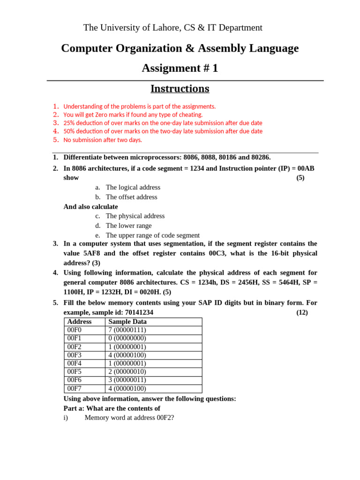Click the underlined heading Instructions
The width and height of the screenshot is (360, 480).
click(180, 89)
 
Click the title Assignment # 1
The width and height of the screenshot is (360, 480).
click(180, 68)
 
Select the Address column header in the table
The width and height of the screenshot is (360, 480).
click(79, 322)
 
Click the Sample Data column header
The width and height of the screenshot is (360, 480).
click(127, 322)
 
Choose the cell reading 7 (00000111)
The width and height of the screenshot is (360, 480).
click(127, 330)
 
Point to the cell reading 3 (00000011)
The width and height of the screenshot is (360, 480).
click(127, 380)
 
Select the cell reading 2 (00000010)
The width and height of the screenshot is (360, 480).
click(127, 372)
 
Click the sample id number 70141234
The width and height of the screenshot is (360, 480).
click(139, 312)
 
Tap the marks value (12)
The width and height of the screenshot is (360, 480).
click(302, 312)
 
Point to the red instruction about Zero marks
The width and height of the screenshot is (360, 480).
click(133, 114)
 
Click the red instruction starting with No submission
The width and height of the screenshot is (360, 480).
click(103, 140)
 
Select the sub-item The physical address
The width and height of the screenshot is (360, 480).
click(135, 216)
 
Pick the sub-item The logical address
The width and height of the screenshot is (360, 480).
click(133, 187)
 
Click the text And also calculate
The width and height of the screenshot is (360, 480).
click(90, 207)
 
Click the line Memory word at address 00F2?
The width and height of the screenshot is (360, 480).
click(129, 417)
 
